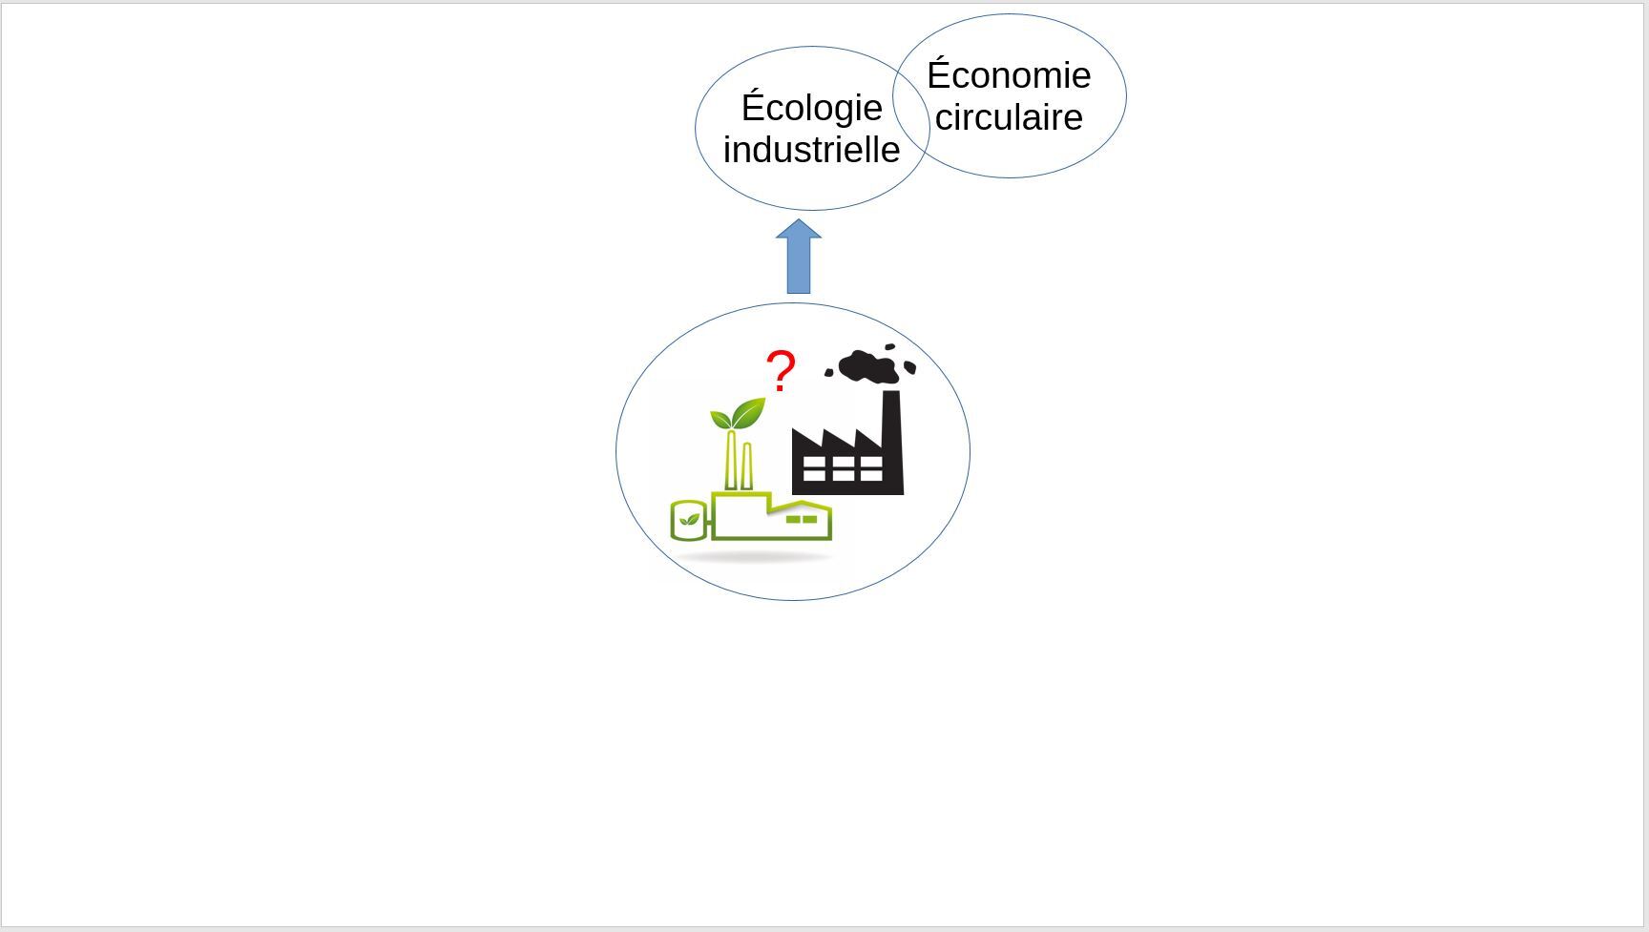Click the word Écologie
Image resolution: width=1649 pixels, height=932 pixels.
[811, 108]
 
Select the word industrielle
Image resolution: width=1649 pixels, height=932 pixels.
[811, 150]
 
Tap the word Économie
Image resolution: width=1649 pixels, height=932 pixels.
[1009, 73]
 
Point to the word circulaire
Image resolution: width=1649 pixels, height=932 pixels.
[1009, 117]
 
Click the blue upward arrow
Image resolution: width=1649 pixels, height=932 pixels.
[799, 257]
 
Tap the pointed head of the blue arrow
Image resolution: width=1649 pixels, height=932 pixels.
[799, 220]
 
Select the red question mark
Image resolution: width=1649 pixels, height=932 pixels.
[781, 371]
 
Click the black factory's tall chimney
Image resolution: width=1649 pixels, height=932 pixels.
[892, 441]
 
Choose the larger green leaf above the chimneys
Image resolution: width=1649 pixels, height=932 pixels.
[749, 413]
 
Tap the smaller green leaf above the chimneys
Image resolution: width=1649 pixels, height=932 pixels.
[720, 418]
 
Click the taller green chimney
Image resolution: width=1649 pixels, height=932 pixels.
[732, 460]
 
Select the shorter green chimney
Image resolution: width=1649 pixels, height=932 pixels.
[746, 466]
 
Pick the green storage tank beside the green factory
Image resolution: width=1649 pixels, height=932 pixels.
[688, 521]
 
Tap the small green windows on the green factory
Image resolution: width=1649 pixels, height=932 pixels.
[802, 520]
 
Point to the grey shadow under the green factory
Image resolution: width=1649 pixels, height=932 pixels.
[754, 556]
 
